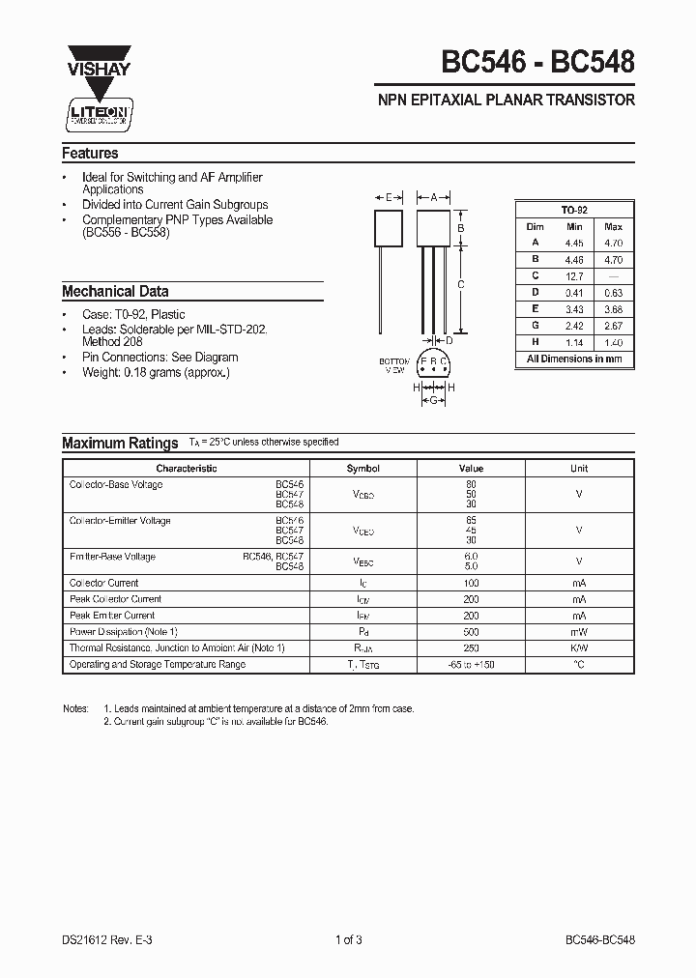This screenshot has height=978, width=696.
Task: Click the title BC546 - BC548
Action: pyautogui.click(x=538, y=64)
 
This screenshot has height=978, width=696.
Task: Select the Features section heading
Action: pyautogui.click(x=90, y=154)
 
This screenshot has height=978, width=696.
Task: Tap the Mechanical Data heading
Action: pyautogui.click(x=115, y=291)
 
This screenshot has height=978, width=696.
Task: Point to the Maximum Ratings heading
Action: pyautogui.click(x=120, y=443)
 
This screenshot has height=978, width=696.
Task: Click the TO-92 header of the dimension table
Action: pyautogui.click(x=574, y=210)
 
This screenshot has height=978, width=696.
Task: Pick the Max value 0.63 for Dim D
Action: pyautogui.click(x=613, y=293)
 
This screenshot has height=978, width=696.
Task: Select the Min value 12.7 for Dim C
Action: pyautogui.click(x=574, y=276)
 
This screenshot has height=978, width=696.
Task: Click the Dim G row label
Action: pyautogui.click(x=535, y=326)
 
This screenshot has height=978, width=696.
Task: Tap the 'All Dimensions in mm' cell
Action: pyautogui.click(x=574, y=359)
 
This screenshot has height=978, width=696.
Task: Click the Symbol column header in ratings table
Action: pyautogui.click(x=363, y=468)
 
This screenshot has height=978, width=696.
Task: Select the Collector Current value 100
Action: pyautogui.click(x=471, y=583)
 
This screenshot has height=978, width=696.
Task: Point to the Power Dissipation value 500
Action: pyautogui.click(x=471, y=632)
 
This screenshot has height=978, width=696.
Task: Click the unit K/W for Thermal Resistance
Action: pyautogui.click(x=578, y=648)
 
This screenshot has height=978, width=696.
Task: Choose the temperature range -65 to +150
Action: pyautogui.click(x=471, y=665)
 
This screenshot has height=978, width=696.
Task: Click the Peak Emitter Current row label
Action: pyautogui.click(x=112, y=616)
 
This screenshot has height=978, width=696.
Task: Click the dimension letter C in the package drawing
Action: pyautogui.click(x=461, y=284)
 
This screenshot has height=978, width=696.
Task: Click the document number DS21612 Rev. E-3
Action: pyautogui.click(x=105, y=939)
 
